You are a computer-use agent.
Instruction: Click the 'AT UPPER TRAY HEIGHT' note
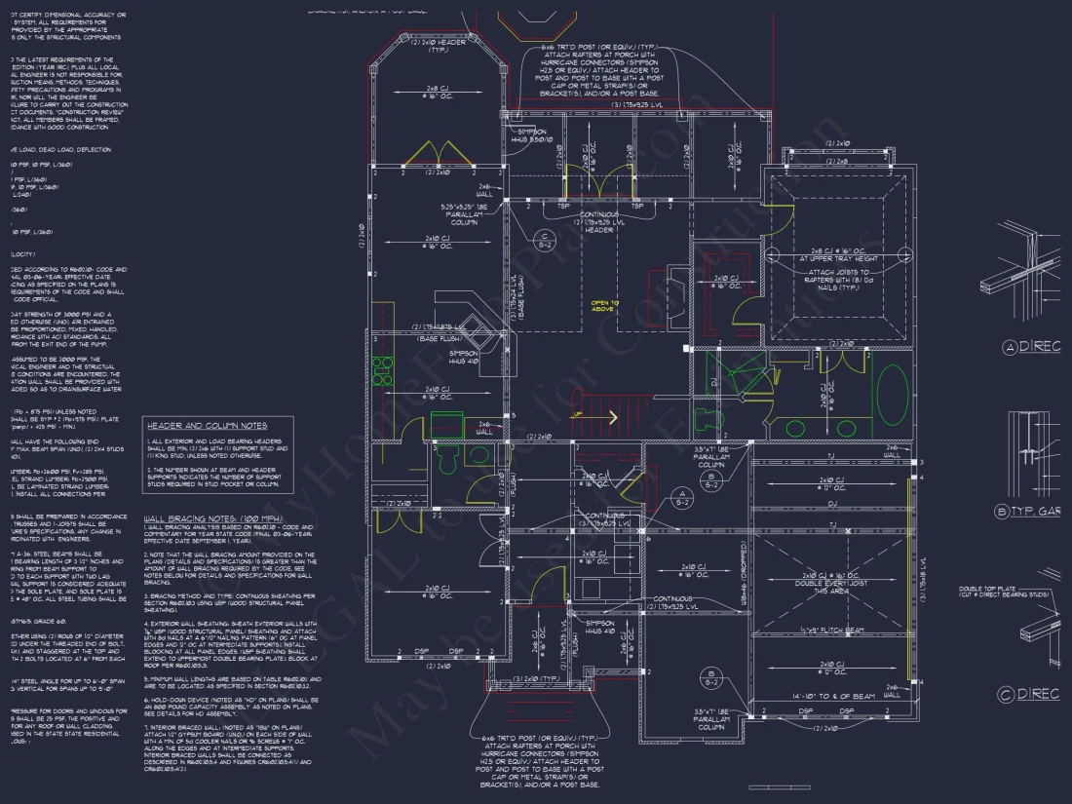(x=839, y=258)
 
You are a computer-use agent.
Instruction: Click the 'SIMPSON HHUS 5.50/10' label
(x=535, y=135)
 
